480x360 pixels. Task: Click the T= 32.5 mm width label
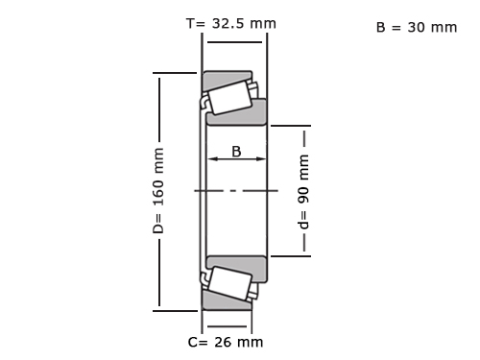coord(231,23)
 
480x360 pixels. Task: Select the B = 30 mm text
coord(417,28)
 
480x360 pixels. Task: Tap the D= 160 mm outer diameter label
coord(158,191)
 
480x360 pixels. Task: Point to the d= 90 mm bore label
coord(303,192)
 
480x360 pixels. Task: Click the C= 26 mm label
coord(226,342)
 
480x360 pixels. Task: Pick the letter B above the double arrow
coord(236,152)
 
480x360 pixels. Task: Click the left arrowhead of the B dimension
coord(212,158)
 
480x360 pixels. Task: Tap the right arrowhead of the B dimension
coord(261,158)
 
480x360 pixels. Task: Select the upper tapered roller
coord(229,98)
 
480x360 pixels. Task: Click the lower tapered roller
coord(229,283)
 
